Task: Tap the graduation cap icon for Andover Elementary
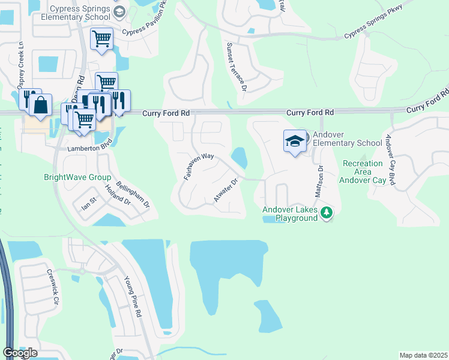click(295, 142)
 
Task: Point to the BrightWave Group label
click(77, 178)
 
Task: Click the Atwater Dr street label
click(226, 189)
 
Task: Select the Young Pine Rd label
click(132, 296)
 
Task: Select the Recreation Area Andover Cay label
click(363, 172)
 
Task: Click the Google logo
click(20, 353)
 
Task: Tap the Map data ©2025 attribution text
click(423, 355)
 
